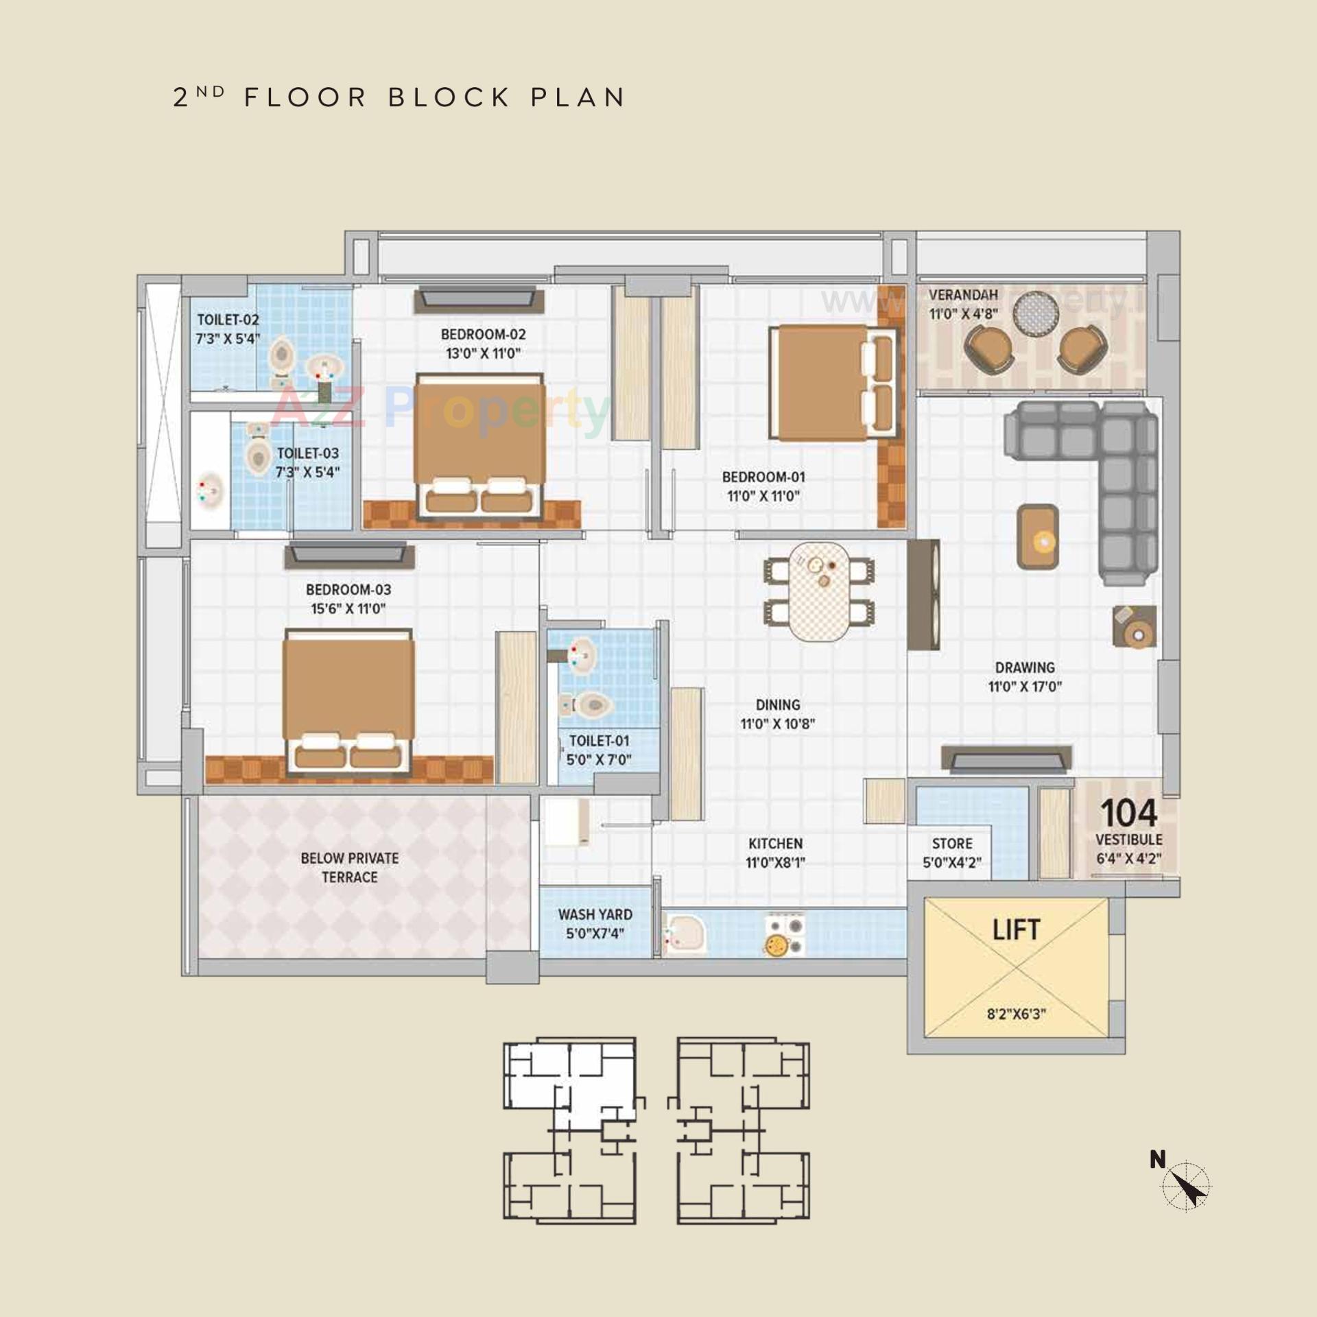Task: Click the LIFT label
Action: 1016,930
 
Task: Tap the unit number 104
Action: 1129,814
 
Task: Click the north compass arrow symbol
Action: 1188,1187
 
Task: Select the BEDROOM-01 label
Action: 763,477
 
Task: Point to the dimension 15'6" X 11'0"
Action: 348,608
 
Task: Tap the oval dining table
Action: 819,591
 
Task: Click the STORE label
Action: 952,844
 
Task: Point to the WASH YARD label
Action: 595,914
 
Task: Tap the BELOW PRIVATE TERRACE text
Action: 350,868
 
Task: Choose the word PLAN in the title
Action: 578,97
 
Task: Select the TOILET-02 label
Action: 228,320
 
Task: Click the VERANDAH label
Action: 963,295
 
